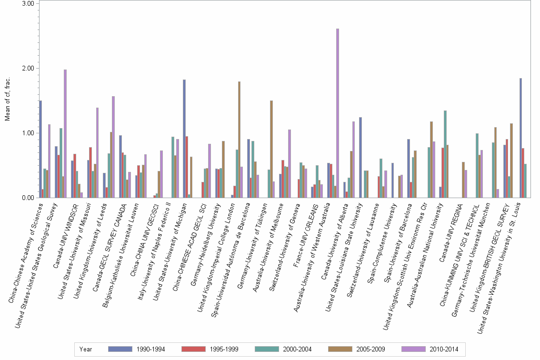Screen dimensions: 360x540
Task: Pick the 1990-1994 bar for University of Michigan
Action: coord(184,139)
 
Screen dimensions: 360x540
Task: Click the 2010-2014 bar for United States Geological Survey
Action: coord(65,133)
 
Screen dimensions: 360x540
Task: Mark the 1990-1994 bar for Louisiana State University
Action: coord(360,157)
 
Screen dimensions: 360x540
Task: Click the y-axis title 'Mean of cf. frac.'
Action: coord(7,101)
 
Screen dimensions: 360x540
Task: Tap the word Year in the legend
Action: coord(86,349)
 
